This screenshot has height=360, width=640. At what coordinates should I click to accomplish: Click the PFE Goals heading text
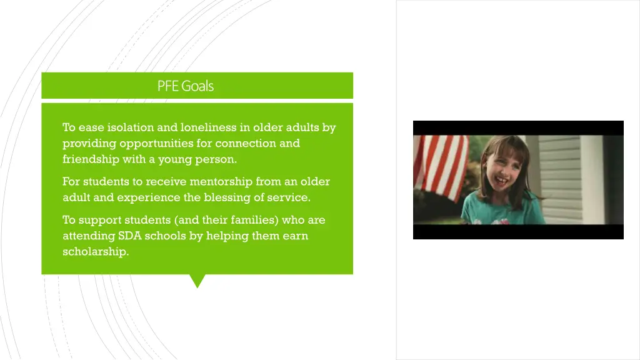185,86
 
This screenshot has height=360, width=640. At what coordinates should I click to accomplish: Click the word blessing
228,198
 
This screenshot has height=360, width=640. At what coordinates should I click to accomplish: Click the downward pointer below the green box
197,281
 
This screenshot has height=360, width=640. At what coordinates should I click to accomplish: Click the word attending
88,236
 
